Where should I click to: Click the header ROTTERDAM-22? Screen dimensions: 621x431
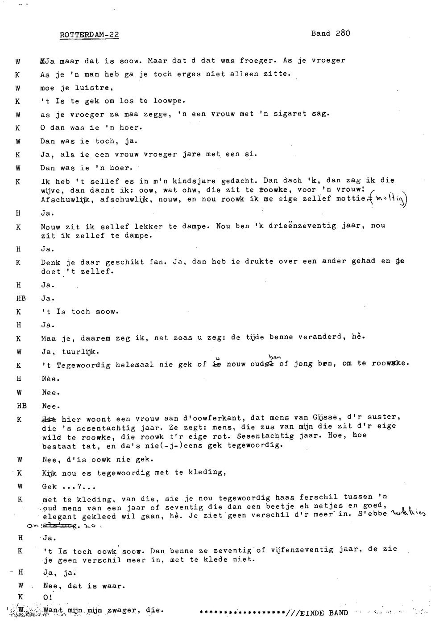point(89,35)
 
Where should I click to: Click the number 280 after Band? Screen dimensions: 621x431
point(343,33)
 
